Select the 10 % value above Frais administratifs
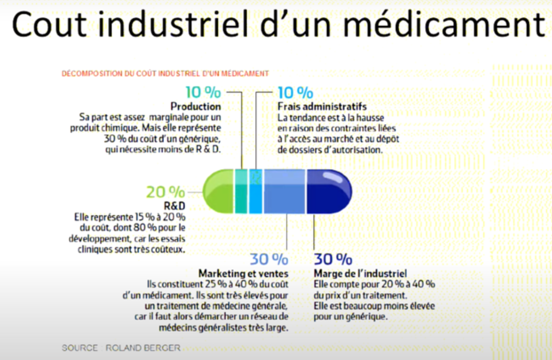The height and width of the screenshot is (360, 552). click(295, 92)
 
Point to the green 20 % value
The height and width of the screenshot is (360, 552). click(165, 192)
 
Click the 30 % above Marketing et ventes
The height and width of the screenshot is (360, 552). click(268, 259)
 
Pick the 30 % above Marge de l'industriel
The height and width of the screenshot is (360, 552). click(333, 259)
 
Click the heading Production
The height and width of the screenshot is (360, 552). click(196, 106)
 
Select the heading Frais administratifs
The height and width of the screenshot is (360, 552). click(322, 106)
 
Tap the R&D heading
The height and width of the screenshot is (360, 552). click(174, 206)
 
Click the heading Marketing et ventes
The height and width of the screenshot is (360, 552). click(243, 273)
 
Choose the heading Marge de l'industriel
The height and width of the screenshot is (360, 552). click(360, 273)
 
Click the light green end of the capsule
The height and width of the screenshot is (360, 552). click(218, 190)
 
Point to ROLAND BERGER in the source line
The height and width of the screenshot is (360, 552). click(143, 348)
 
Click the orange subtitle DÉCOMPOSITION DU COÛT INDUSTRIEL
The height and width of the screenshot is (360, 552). click(165, 73)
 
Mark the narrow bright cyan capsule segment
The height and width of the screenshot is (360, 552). click(256, 190)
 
